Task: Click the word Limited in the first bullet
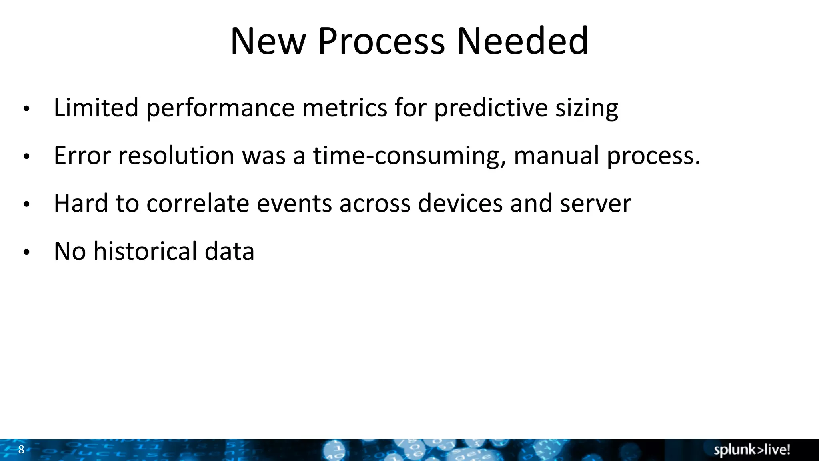(96, 108)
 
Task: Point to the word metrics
(344, 108)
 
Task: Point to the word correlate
(198, 203)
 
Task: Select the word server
(595, 204)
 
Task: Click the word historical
(145, 251)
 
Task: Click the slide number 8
(21, 449)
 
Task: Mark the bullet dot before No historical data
(26, 252)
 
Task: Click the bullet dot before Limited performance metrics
(26, 109)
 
